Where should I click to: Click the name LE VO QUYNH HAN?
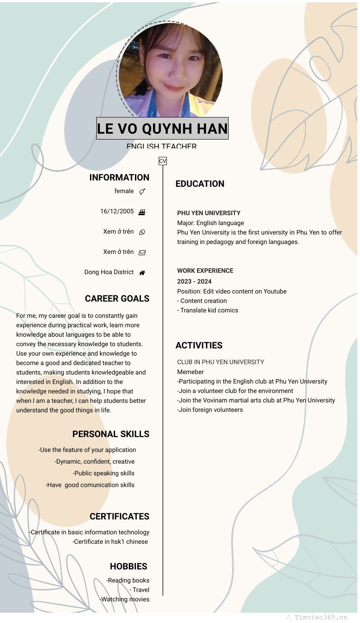point(162,129)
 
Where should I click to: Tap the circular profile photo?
point(170,70)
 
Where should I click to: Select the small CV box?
point(162,161)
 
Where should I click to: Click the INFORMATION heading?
point(119,177)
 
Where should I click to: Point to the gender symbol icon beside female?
point(142,192)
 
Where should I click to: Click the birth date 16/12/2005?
point(117,211)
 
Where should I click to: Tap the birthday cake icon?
point(142,212)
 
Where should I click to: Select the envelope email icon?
point(142,253)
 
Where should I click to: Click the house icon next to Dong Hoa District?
point(142,273)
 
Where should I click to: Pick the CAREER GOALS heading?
point(117,298)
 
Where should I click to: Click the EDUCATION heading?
point(200,184)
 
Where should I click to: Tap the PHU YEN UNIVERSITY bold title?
point(209,213)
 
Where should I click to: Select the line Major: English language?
point(211,223)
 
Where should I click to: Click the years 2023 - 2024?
point(194,281)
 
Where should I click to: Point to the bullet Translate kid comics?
point(208,310)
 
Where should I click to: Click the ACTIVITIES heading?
point(199,345)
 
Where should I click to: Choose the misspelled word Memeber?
point(190,372)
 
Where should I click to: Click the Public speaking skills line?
point(103,473)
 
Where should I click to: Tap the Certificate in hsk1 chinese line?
point(110,542)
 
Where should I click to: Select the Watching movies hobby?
point(125,599)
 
